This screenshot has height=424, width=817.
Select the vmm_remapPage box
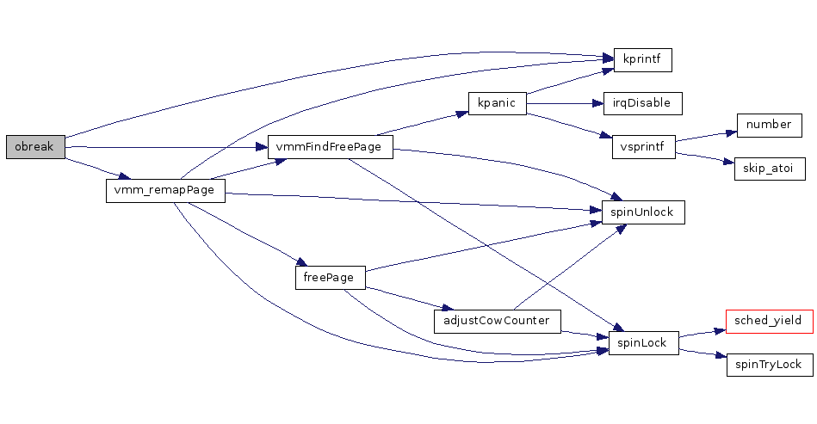pyautogui.click(x=165, y=191)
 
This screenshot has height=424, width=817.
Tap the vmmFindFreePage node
pyautogui.click(x=330, y=147)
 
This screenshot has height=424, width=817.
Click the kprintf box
pyautogui.click(x=641, y=60)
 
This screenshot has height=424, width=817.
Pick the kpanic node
pyautogui.click(x=496, y=103)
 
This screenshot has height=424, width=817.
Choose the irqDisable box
pyautogui.click(x=642, y=103)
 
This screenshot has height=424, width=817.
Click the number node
pyautogui.click(x=769, y=125)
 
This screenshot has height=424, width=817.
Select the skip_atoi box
pyautogui.click(x=769, y=169)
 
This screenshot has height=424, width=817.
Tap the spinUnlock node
pyautogui.click(x=642, y=212)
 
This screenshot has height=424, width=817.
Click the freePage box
pyautogui.click(x=330, y=278)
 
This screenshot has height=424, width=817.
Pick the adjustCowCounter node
pyautogui.click(x=498, y=322)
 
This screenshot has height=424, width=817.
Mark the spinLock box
pyautogui.click(x=643, y=343)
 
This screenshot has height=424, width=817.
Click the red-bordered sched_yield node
pyautogui.click(x=769, y=321)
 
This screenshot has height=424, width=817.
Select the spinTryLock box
pyautogui.click(x=769, y=365)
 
